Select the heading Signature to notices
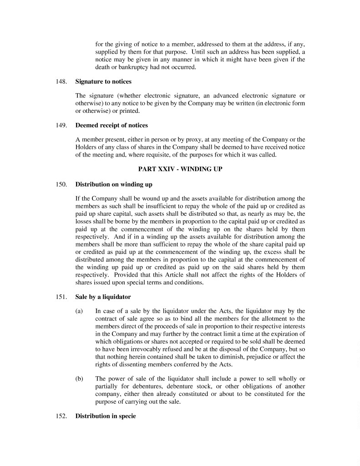tap(103, 81)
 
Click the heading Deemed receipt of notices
tap(112, 125)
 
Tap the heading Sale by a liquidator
tap(103, 297)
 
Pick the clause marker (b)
tap(79, 379)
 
